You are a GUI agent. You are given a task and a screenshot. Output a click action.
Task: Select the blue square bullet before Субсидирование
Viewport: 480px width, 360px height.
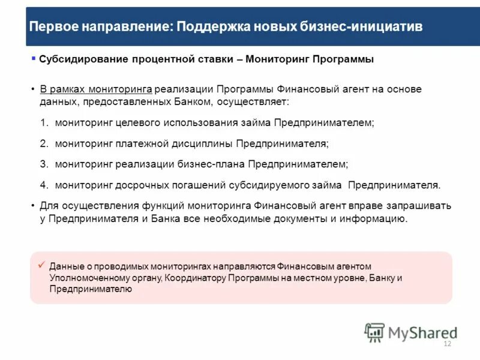[x=34, y=58]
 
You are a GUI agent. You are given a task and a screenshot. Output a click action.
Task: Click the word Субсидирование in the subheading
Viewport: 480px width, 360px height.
[x=79, y=59]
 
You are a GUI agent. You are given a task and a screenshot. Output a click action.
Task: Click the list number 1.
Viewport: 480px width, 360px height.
[x=44, y=122]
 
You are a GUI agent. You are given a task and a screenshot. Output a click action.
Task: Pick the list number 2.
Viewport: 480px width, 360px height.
[x=44, y=144]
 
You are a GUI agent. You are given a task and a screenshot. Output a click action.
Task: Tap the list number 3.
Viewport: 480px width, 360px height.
[x=44, y=163]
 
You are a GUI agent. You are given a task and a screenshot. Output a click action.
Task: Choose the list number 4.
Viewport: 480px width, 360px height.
[x=44, y=185]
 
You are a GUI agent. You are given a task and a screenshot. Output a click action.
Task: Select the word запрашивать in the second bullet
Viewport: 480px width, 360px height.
[x=418, y=206]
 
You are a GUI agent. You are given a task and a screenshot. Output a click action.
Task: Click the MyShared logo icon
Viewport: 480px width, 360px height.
[x=374, y=332]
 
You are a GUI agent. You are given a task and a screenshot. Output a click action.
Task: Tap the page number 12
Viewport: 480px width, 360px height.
[x=446, y=344]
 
